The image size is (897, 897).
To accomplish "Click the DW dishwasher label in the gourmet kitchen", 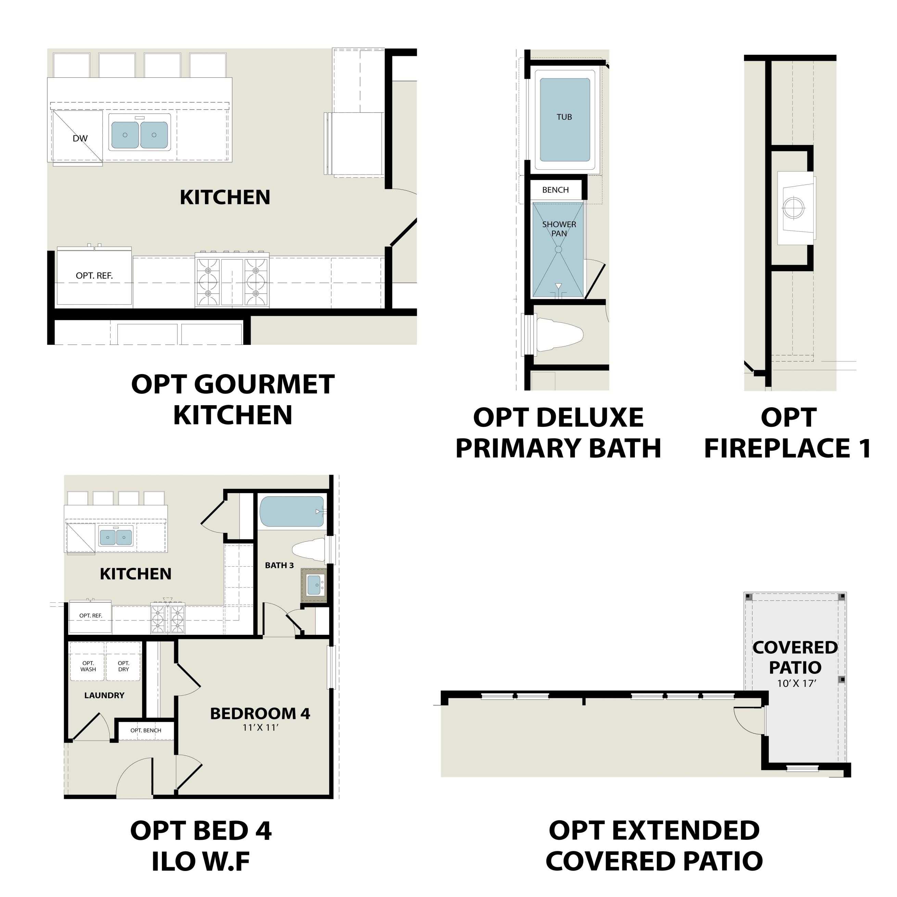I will click(80, 138).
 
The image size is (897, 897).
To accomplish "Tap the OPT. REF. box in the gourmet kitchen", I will click(94, 276).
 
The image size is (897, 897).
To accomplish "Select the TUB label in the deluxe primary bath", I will click(564, 117).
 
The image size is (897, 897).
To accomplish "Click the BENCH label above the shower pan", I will click(555, 190).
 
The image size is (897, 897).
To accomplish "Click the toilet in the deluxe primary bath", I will click(559, 334).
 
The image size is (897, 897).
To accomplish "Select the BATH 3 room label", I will click(279, 565).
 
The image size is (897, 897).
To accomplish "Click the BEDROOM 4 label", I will click(260, 714).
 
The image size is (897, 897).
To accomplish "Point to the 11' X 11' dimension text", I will click(260, 728).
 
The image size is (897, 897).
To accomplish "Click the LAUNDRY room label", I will click(104, 695).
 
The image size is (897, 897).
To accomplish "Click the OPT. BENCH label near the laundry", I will click(146, 730).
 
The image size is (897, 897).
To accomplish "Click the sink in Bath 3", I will click(314, 585).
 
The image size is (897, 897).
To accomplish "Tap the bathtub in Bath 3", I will click(292, 512).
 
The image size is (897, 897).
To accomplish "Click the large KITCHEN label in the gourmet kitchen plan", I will click(225, 197).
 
